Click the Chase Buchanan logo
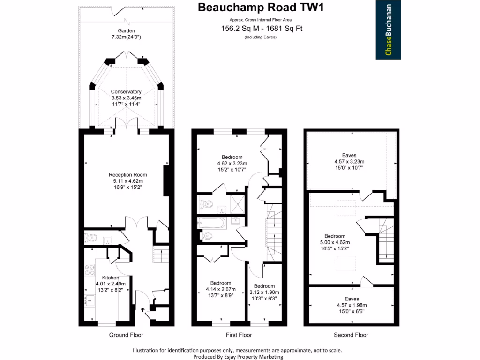point(389,30)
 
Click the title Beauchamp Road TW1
point(261,7)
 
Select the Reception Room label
point(126,181)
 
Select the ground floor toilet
point(91,238)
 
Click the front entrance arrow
point(143,309)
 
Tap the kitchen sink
point(89,300)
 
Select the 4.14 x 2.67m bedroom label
point(220,289)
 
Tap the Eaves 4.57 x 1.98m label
point(351,304)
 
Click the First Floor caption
point(239,335)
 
